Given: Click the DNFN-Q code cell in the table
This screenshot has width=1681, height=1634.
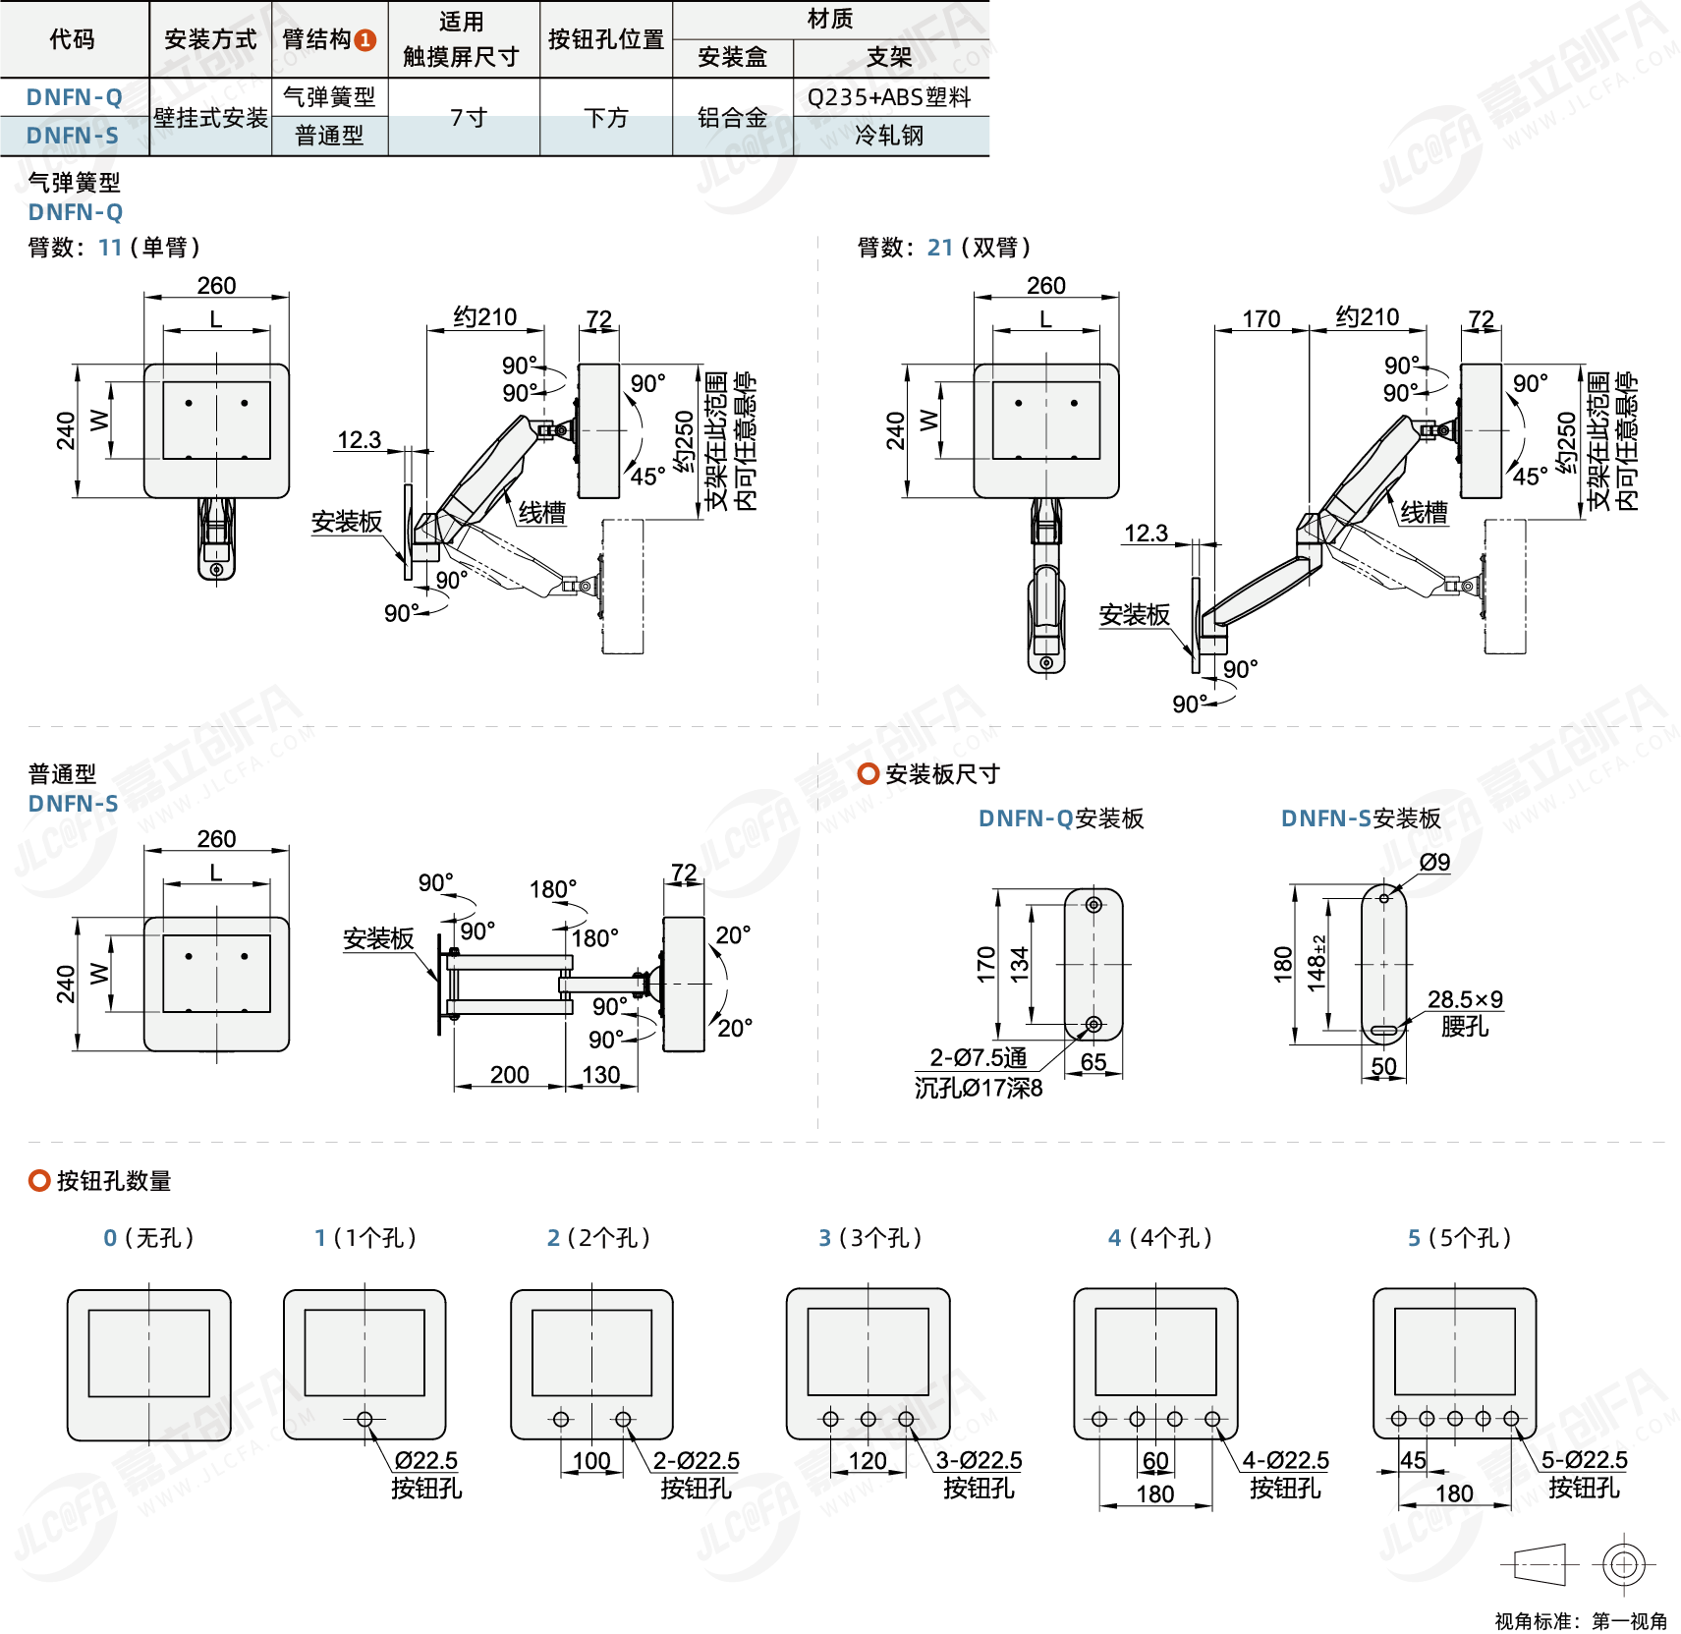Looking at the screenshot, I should pos(74,97).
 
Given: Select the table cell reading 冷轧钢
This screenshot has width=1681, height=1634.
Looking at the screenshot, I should pos(889,136).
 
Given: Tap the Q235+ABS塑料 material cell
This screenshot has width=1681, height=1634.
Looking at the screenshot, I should pos(889,97).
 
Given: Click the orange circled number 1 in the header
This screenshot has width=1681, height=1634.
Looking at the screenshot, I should pos(364,40).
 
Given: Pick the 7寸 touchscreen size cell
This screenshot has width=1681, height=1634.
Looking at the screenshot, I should pos(468,118).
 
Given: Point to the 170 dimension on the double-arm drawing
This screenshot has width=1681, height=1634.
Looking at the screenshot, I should pos(1261,319).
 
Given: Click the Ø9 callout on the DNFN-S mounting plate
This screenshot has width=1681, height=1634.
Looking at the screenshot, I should pos(1434,863).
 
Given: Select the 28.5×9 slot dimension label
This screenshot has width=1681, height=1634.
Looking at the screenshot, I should pos(1465,999).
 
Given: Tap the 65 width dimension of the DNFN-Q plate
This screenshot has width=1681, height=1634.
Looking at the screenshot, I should pos(1093,1062).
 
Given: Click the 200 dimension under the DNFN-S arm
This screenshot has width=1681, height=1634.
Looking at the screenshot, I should pos(509,1075).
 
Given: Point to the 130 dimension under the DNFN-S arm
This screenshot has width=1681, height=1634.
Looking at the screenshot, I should pos(600,1075).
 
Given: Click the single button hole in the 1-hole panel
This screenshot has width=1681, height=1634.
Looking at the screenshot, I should pos(364,1419).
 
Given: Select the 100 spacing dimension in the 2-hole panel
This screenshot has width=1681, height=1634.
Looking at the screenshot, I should pos(591,1461).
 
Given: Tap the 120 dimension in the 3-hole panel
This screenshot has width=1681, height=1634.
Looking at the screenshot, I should pos(868,1461).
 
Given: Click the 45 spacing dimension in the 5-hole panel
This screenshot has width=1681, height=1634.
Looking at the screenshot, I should pos(1413,1460).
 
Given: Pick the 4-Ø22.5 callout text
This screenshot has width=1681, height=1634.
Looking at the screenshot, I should pos(1285,1461).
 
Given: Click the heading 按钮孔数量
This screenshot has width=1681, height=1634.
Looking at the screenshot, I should pos(114,1181).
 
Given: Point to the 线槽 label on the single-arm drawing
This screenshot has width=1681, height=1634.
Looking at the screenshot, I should pos(541,513).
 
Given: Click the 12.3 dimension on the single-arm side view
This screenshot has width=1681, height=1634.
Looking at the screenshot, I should pos(359,440).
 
